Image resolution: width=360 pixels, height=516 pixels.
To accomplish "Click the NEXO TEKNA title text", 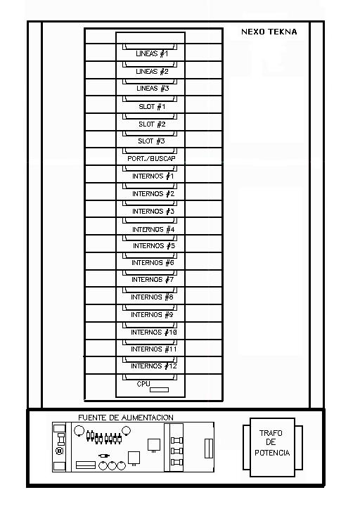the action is (x=269, y=32).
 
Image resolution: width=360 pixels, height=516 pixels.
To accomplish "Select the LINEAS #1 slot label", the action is (x=152, y=53).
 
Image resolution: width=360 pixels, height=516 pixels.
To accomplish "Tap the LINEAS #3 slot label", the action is (x=153, y=88).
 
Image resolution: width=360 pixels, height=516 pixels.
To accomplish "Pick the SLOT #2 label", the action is (x=152, y=124).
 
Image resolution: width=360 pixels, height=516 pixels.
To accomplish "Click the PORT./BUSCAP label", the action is (x=151, y=159).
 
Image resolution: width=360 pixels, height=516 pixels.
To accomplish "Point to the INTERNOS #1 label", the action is (x=153, y=176).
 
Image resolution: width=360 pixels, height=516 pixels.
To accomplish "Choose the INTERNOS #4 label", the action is (x=153, y=229).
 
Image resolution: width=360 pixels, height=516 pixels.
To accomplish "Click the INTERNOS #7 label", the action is (x=153, y=280).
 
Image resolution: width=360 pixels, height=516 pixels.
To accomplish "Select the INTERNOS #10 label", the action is (x=154, y=333).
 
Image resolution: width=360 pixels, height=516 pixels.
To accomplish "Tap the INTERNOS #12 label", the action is (x=154, y=366).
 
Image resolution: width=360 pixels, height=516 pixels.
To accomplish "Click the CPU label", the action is (x=143, y=384).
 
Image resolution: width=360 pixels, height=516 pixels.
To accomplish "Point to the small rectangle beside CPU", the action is (x=160, y=389).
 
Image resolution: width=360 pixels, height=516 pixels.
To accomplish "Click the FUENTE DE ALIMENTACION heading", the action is (x=126, y=418).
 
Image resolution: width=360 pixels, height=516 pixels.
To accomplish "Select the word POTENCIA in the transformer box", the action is (x=272, y=453).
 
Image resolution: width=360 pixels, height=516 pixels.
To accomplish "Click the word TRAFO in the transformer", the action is (x=271, y=433).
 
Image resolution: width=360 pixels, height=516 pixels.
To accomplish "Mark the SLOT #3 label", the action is (x=151, y=141).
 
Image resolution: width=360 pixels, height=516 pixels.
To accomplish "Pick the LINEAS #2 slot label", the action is (x=152, y=72).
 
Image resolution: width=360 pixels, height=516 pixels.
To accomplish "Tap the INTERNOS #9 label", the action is (x=152, y=315).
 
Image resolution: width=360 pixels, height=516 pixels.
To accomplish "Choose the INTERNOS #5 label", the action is (x=154, y=246).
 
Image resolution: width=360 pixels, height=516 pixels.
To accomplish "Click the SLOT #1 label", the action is (x=152, y=107).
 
